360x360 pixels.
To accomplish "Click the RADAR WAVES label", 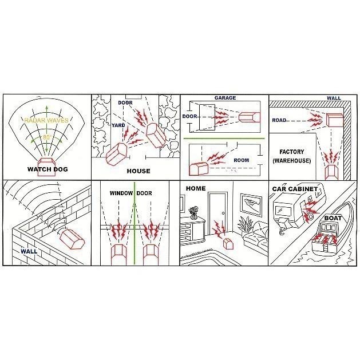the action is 46,120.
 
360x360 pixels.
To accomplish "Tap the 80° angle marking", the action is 46,137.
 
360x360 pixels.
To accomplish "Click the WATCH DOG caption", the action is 48,169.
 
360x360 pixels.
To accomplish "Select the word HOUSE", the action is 139,171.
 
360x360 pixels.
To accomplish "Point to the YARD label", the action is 118,125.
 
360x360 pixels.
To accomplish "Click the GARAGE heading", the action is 225,98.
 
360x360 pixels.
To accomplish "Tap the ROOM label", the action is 242,160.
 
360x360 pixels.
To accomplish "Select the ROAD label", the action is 279,120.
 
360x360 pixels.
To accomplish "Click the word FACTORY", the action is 291,152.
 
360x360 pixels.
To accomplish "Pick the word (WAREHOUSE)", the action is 291,160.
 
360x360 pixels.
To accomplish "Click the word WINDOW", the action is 121,193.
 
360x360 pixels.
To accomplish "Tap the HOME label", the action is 196,188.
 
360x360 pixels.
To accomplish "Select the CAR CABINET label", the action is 295,189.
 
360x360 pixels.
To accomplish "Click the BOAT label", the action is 333,218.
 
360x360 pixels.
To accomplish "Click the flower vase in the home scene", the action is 193,212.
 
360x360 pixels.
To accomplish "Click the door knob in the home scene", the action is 223,213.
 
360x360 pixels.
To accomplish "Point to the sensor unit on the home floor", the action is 228,244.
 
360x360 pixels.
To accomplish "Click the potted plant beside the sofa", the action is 245,224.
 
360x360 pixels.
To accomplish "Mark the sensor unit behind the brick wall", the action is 73,239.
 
